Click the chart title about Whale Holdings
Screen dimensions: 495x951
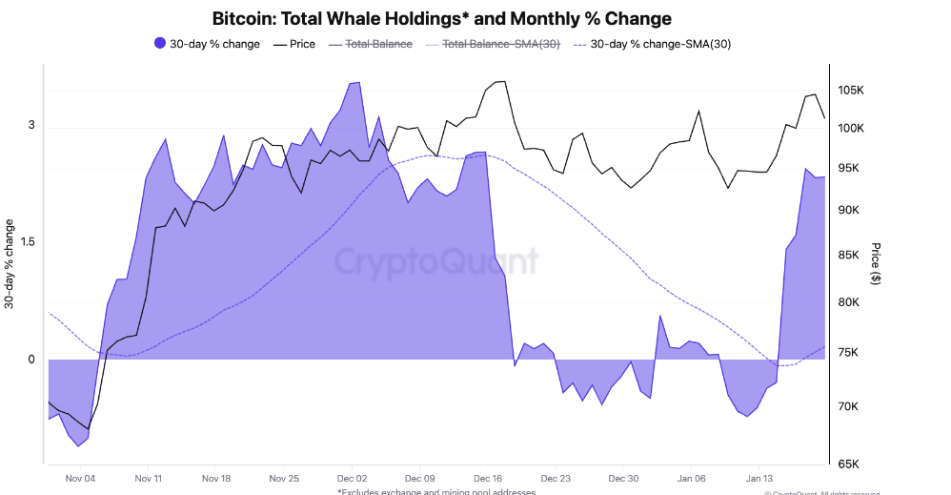[441, 19]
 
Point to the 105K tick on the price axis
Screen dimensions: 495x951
[850, 91]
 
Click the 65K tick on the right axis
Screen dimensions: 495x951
[850, 464]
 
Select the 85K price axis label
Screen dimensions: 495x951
[850, 256]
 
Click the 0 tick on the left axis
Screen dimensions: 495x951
[31, 360]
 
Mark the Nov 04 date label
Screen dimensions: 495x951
[80, 479]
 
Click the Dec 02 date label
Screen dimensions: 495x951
[352, 479]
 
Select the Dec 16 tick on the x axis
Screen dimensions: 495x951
[488, 479]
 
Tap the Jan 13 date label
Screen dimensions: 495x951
[759, 479]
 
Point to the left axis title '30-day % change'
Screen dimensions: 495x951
[10, 264]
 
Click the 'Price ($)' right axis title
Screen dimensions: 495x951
[876, 264]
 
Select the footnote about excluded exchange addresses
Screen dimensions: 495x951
[436, 491]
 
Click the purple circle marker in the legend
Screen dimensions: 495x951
[159, 44]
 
